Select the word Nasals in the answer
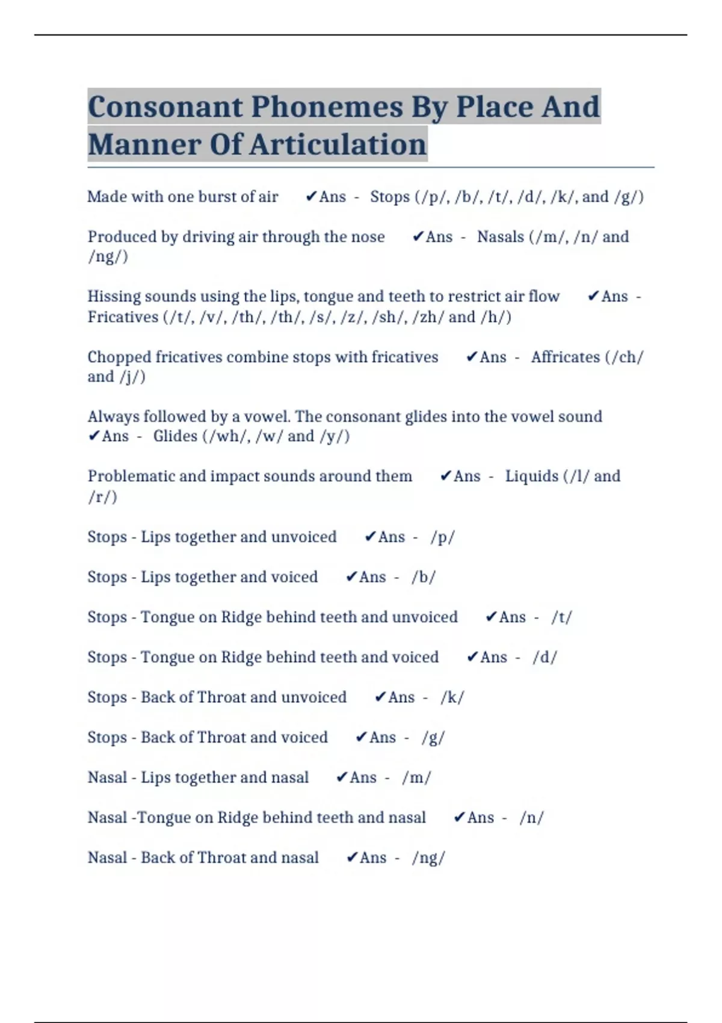(x=500, y=237)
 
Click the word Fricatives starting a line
(x=122, y=317)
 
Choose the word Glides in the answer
(x=174, y=436)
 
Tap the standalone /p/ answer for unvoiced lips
(x=442, y=537)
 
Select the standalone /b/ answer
(x=424, y=578)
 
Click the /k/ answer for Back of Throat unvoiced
(x=452, y=698)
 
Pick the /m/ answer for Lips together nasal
(x=416, y=778)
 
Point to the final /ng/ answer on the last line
(x=428, y=858)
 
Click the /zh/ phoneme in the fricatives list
(x=428, y=317)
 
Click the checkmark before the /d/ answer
(x=472, y=657)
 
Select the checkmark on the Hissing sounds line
(x=593, y=296)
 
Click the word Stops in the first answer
(x=389, y=197)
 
